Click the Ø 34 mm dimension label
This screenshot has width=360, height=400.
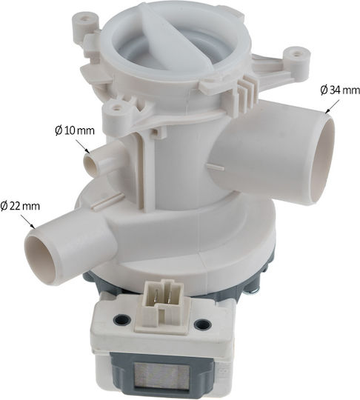340,90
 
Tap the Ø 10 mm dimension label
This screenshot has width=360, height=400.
75,130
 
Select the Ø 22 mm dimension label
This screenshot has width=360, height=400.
20,206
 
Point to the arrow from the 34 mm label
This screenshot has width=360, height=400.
332,106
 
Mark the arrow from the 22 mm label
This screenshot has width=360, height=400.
28,221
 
